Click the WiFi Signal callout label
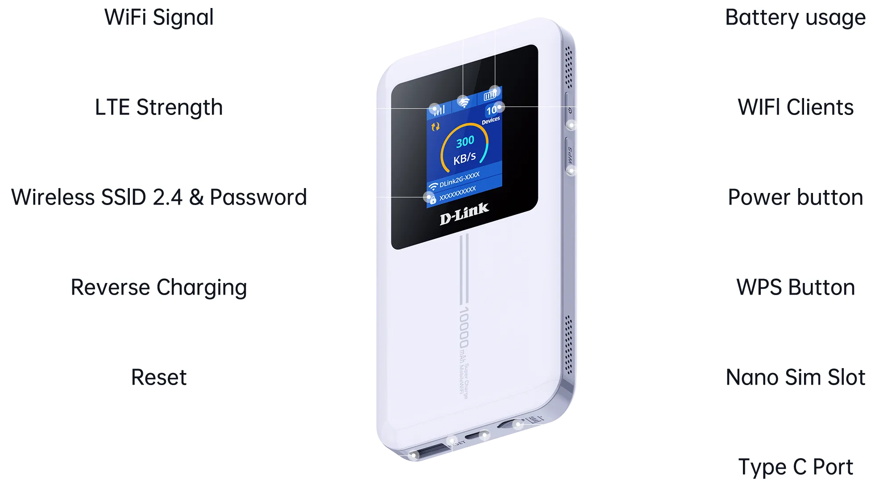click(159, 18)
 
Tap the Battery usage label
click(795, 18)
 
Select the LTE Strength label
click(159, 107)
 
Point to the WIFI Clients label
click(796, 107)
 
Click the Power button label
click(796, 197)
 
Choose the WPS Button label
click(796, 287)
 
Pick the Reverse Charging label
click(159, 287)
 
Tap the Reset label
click(159, 377)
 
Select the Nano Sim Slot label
click(796, 377)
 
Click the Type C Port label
click(796, 467)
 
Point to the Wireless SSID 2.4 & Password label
click(159, 197)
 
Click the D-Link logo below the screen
click(464, 214)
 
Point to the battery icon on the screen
click(490, 95)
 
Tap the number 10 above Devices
click(492, 111)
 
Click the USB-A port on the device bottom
click(427, 451)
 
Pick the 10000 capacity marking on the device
click(464, 328)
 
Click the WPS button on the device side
click(570, 154)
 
